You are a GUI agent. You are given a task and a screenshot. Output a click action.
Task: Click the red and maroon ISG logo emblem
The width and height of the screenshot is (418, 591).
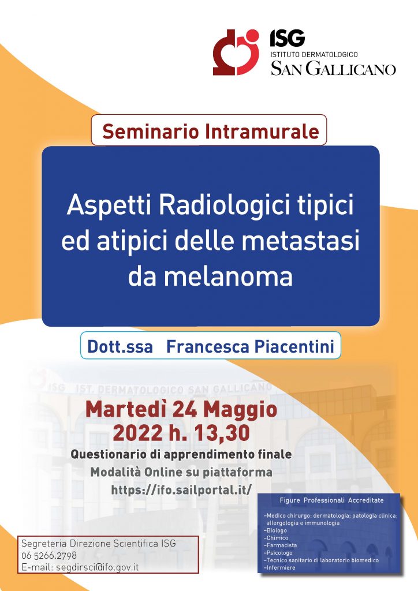(236, 53)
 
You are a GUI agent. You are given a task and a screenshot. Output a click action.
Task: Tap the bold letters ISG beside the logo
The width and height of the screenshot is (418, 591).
(287, 38)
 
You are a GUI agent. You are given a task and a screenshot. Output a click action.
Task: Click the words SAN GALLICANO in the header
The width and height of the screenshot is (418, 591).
(333, 69)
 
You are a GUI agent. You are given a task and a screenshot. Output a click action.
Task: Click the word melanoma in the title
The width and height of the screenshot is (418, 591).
(228, 276)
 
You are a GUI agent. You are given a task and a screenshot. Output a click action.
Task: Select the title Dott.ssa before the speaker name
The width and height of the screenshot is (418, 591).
(120, 347)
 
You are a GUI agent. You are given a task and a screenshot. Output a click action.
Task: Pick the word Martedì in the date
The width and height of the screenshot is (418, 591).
(126, 409)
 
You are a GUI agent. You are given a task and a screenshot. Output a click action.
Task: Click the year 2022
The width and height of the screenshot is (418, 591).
(137, 432)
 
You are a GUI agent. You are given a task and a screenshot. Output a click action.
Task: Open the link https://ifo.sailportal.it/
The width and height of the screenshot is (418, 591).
(181, 490)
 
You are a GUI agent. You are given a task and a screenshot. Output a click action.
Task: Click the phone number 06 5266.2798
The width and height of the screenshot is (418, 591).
(49, 555)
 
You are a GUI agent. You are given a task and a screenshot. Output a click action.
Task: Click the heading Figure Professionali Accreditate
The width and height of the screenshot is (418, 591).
(331, 500)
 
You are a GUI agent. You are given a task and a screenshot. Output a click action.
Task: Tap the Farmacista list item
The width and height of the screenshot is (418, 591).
(281, 545)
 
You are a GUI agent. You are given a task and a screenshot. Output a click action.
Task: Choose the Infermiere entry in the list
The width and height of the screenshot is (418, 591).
(279, 568)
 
